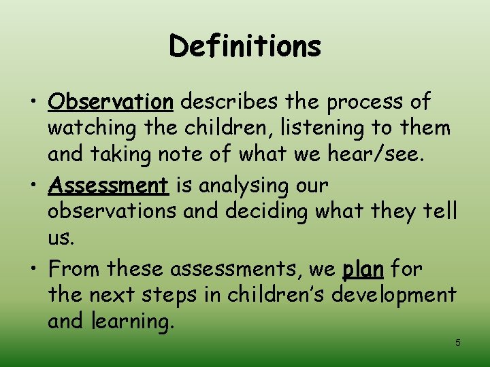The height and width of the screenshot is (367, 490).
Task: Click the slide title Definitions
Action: (245, 47)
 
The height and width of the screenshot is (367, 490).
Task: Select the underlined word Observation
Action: (111, 102)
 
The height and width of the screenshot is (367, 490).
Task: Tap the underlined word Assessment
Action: (108, 185)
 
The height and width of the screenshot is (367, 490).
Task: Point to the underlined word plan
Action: (363, 269)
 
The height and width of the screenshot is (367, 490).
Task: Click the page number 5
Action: (458, 343)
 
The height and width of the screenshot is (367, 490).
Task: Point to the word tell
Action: (442, 211)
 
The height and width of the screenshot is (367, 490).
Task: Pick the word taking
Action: (124, 154)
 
